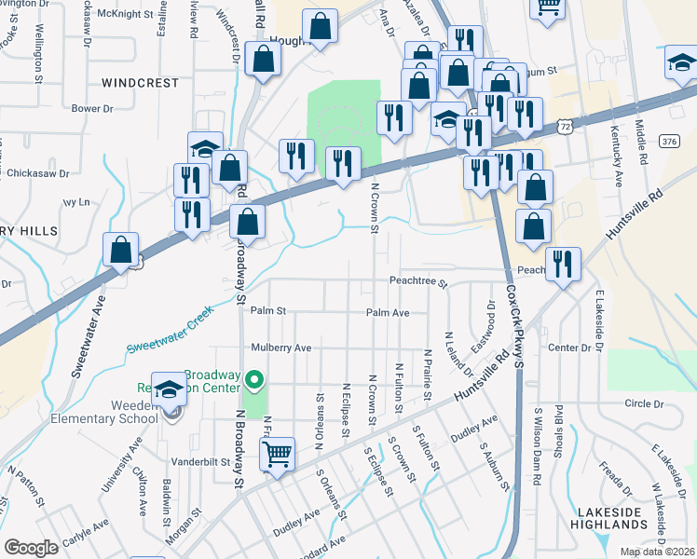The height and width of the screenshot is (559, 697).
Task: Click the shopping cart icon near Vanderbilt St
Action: point(278,455)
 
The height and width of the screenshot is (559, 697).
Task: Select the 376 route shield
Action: point(666,141)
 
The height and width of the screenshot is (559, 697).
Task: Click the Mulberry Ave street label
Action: point(280,348)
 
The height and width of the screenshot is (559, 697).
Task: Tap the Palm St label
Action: point(267,310)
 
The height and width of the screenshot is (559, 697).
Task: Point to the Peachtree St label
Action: point(418,280)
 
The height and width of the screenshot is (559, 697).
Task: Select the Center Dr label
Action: point(569,348)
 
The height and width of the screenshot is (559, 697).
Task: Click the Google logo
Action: point(31,548)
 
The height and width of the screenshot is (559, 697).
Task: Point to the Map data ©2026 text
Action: point(656,552)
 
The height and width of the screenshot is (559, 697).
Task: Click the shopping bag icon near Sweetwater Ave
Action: point(121,250)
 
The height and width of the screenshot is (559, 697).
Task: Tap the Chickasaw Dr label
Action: point(38,173)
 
